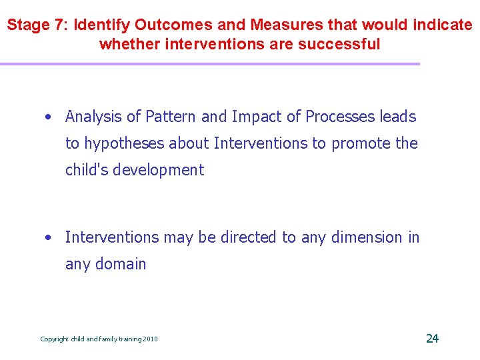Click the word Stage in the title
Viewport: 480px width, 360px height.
(27, 25)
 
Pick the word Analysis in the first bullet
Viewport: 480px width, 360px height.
(93, 117)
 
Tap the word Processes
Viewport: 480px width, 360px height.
(340, 117)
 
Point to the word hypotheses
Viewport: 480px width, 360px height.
(123, 143)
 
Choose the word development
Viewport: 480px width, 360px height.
(158, 170)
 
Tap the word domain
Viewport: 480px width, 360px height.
(121, 263)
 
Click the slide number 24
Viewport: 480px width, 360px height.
(432, 338)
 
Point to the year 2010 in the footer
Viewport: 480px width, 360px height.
(150, 339)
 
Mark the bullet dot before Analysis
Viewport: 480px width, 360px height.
(49, 117)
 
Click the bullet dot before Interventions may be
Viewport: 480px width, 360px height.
(49, 237)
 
